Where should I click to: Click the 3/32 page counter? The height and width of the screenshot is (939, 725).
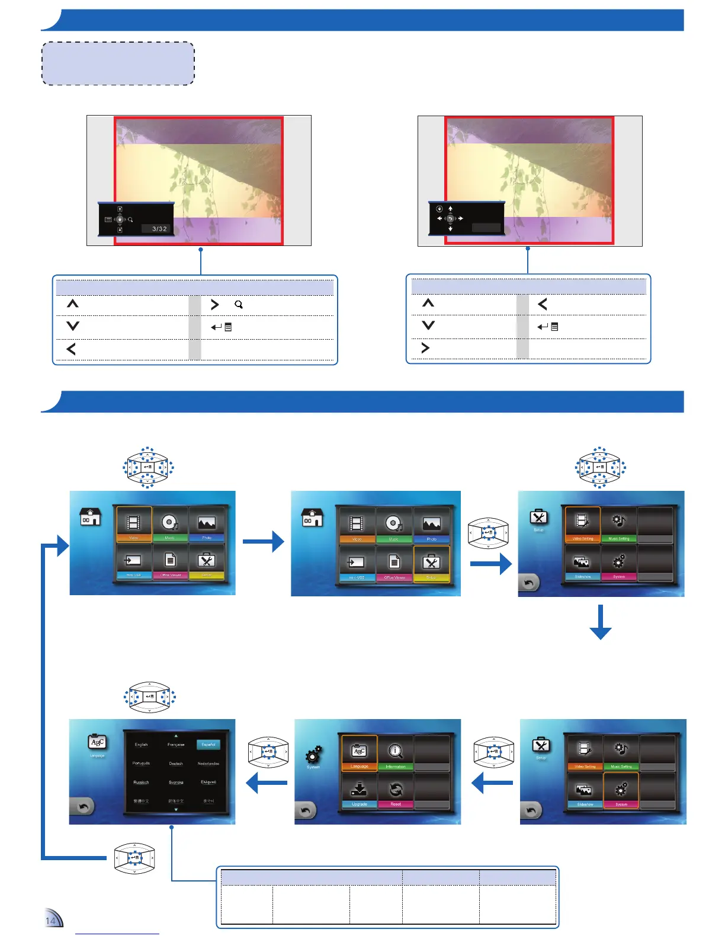pos(159,229)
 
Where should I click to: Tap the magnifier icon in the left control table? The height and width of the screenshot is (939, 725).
pos(239,305)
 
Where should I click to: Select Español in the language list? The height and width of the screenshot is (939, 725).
pos(208,745)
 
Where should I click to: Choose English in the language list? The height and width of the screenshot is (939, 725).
pos(141,745)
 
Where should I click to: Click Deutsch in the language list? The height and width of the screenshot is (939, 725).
pos(176,764)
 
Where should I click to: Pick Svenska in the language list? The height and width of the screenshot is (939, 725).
pos(176,782)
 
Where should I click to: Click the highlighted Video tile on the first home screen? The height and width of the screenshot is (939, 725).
pos(134,525)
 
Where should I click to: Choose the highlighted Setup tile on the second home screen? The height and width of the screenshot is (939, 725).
pos(431,564)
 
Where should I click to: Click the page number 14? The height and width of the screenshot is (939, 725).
pos(51,921)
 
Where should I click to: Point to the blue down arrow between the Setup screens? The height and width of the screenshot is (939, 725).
pos(601,622)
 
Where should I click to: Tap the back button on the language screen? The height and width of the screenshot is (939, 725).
pos(83,806)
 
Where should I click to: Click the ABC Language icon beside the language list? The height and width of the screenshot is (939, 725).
pos(97,742)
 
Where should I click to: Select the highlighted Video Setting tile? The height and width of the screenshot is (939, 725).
pos(583,524)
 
